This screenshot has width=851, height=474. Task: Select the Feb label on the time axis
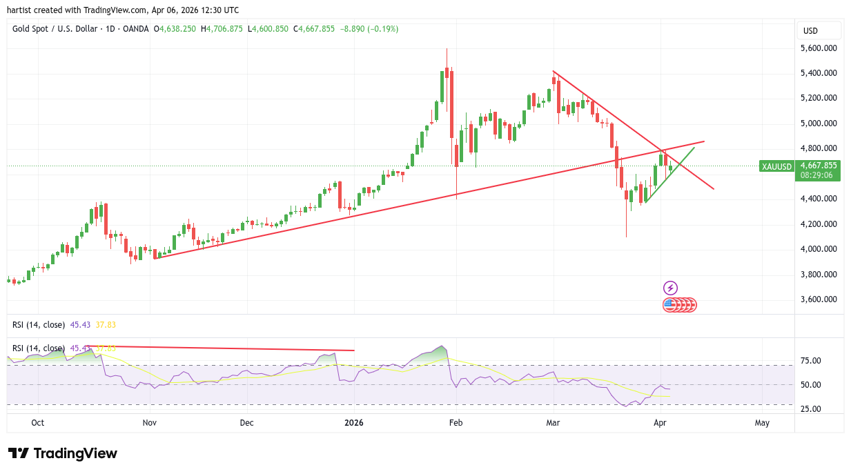[455, 422]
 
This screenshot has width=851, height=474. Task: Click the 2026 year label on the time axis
[353, 422]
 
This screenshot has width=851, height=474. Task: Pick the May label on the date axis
[762, 422]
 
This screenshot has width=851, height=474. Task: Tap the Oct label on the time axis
[38, 422]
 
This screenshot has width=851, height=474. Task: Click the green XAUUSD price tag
[776, 166]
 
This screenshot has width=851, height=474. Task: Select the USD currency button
[811, 30]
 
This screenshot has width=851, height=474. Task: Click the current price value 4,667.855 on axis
[818, 166]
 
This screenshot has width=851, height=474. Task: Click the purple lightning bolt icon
[670, 288]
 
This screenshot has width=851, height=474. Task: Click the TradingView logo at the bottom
[63, 453]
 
